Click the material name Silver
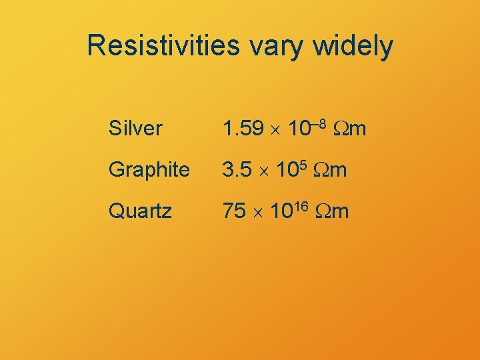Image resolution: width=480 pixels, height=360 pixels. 135,129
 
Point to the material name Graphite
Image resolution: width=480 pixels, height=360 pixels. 149,171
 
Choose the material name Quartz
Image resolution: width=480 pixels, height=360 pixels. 140,212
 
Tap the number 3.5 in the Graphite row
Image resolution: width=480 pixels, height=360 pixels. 237,171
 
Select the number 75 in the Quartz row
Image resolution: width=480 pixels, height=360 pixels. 234,212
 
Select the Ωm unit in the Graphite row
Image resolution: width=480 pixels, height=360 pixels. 331,171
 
